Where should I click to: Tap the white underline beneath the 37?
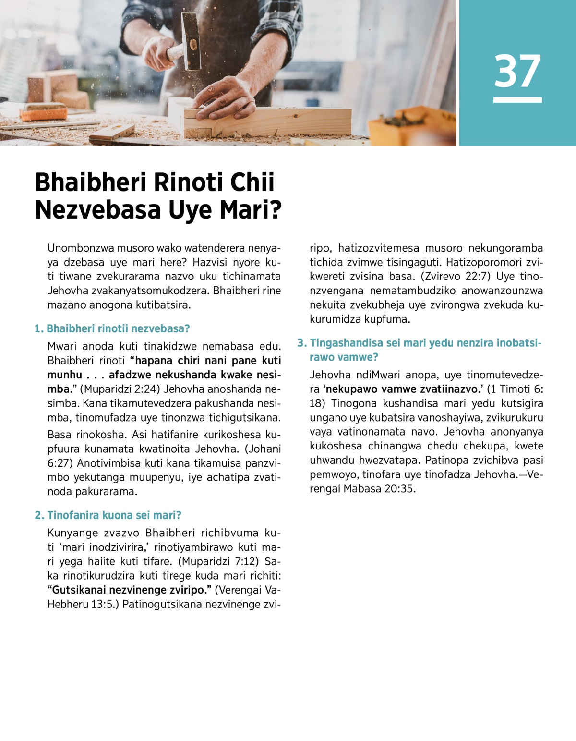click(517, 100)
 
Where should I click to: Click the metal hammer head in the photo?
click(191, 41)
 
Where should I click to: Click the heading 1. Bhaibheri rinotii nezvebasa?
click(112, 329)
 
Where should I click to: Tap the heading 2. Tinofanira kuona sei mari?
click(108, 515)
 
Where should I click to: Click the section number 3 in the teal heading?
click(301, 343)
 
